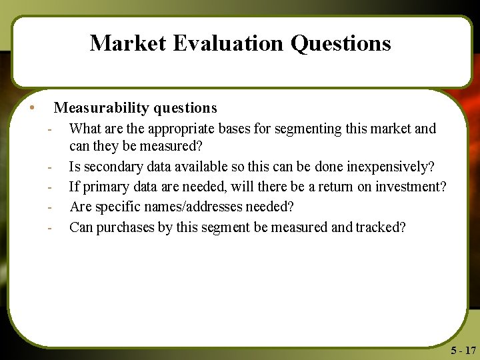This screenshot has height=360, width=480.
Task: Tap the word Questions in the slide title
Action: (x=341, y=43)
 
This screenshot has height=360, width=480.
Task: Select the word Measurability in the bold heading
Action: (x=101, y=107)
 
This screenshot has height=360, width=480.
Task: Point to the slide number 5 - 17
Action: (x=463, y=351)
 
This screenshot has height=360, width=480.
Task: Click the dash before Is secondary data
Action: (x=49, y=167)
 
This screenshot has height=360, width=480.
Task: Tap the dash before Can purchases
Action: (x=49, y=227)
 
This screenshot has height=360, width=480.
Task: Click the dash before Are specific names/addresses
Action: (x=49, y=207)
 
